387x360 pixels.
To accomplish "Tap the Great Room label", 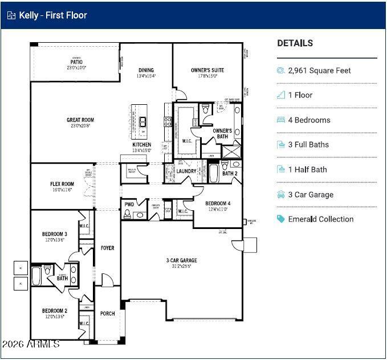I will click(80, 120).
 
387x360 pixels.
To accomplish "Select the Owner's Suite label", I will click(207, 71).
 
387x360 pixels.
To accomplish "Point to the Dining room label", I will click(146, 71).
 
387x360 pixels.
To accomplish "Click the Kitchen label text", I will click(142, 145).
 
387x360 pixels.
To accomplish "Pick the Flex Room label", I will click(62, 185).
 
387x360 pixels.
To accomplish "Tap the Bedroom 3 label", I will click(54, 234).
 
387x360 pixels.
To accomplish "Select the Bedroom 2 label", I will click(54, 311).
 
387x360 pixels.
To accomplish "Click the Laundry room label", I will click(186, 171).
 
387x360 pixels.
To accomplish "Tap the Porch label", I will click(107, 313).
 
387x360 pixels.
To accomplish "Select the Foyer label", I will click(107, 248).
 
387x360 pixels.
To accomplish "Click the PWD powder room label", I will click(129, 204).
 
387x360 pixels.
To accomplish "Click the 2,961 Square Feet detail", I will click(319, 71).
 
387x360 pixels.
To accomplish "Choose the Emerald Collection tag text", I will click(320, 219).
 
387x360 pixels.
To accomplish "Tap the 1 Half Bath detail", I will click(307, 170).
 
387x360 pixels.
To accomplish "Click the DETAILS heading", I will click(295, 43).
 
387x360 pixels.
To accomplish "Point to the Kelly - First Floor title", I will click(53, 15).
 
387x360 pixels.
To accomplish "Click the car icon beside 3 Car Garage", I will click(280, 195).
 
